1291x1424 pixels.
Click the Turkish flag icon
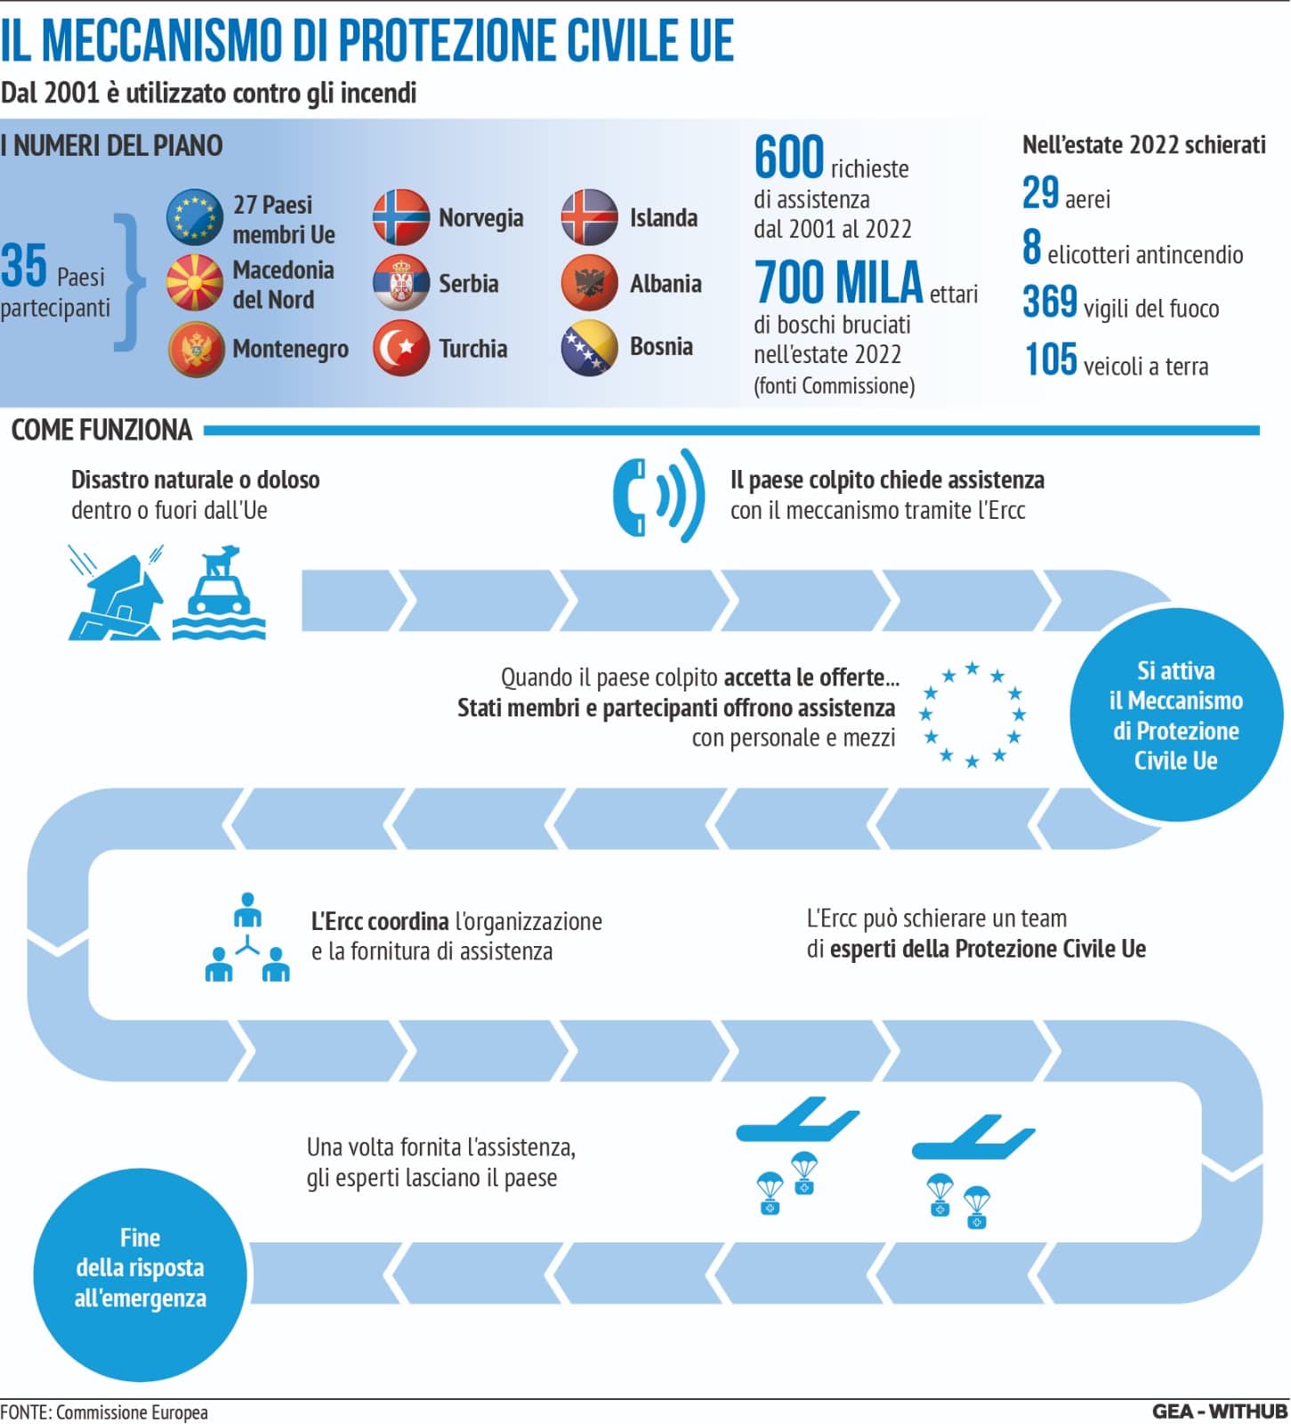pos(401,348)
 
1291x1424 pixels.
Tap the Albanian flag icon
pos(590,283)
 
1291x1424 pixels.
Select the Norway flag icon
pos(401,217)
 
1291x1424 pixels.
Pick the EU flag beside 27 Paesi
pos(195,217)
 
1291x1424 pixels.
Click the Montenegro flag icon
pos(196,349)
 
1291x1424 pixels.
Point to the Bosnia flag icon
pos(590,347)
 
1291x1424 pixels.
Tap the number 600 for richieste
pos(789,158)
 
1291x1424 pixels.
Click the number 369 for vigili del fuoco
pos(1050,302)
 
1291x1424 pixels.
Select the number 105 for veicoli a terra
pos(1051,360)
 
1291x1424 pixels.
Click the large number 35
pos(24,265)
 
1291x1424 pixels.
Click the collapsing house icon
pos(116,593)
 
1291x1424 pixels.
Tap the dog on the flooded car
pos(221,562)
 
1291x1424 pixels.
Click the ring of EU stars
pos(972,714)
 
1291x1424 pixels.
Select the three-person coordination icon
pos(247,937)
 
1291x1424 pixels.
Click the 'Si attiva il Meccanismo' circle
pos(1175,715)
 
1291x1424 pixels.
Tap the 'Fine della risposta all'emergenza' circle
pos(140,1274)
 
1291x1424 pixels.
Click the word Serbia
pos(468,284)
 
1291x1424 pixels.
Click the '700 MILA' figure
pos(838,282)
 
